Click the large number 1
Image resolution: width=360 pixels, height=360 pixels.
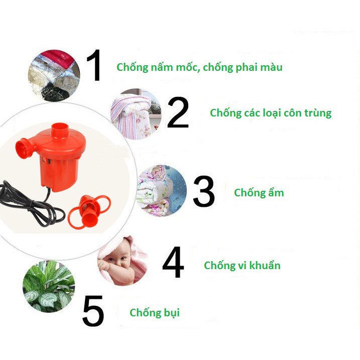(x=94, y=66)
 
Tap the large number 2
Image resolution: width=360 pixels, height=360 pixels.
(x=178, y=112)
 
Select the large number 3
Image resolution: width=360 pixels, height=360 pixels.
(x=203, y=191)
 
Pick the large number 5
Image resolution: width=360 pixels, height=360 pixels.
(x=93, y=311)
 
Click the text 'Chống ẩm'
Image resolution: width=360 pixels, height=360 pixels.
(x=259, y=193)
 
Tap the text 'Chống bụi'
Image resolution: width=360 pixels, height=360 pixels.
(x=155, y=313)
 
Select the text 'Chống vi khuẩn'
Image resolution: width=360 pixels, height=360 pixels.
(x=242, y=266)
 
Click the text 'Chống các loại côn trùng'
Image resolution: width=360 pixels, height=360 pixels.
(x=271, y=113)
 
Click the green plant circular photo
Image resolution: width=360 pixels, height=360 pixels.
(x=49, y=287)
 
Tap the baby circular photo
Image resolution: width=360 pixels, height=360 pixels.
(x=122, y=261)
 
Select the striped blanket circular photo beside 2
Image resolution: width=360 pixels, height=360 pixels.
(x=136, y=113)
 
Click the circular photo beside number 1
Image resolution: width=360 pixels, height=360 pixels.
(x=54, y=75)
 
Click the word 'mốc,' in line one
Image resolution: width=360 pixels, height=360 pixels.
(x=186, y=67)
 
